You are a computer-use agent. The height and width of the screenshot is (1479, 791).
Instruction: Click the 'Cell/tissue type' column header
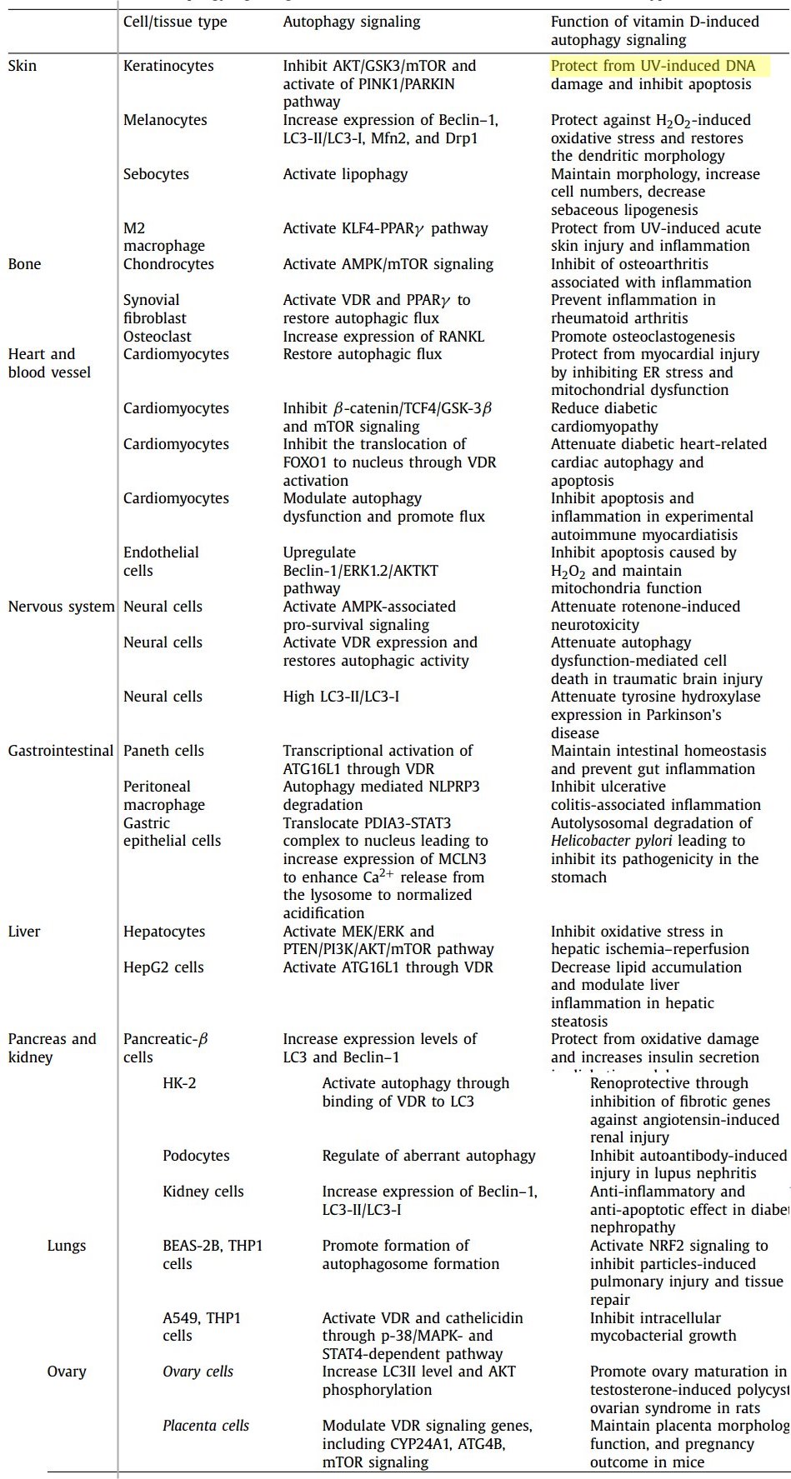[x=175, y=22]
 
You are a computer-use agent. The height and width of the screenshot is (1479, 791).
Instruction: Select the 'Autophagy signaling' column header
[x=351, y=22]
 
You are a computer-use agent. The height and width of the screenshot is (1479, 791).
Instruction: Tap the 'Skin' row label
[x=23, y=66]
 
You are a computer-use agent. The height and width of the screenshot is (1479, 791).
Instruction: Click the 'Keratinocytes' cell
[x=168, y=66]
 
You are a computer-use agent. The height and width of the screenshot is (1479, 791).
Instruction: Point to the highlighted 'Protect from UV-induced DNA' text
[x=653, y=66]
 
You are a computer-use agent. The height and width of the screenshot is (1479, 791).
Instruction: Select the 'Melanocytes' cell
[x=165, y=120]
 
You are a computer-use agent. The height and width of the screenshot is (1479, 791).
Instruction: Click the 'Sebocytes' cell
[x=156, y=174]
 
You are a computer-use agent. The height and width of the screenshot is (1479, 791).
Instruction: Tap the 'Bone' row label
[x=24, y=264]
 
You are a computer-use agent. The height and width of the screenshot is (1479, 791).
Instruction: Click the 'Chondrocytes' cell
[x=168, y=264]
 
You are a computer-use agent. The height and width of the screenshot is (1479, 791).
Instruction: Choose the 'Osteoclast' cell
[x=157, y=337]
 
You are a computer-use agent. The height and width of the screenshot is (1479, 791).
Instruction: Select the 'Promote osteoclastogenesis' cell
[x=643, y=337]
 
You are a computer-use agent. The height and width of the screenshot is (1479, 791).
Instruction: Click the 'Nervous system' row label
[x=61, y=607]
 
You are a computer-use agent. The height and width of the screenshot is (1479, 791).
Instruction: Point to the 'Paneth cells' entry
[x=163, y=751]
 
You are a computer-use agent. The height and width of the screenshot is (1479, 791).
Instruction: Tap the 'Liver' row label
[x=24, y=932]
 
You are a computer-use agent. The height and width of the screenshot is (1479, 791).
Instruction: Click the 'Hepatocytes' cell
[x=163, y=932]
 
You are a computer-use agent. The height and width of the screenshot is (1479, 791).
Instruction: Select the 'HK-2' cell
[x=179, y=1083]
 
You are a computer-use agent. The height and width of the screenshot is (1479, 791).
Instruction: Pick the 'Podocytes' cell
[x=196, y=1156]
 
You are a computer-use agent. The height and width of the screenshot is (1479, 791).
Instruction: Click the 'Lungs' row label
[x=67, y=1246]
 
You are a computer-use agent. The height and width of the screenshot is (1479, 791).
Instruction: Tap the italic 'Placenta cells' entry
[x=205, y=1426]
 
